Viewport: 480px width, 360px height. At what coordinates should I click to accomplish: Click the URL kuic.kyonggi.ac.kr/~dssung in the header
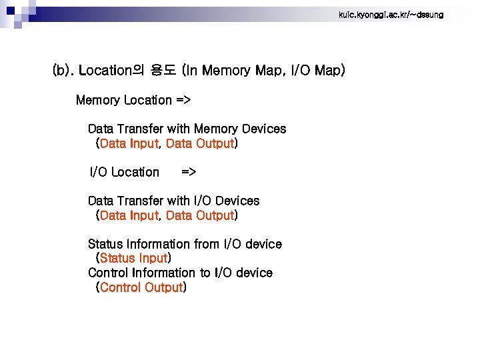[x=391, y=15]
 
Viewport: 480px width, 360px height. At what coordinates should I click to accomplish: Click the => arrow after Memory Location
[x=183, y=100]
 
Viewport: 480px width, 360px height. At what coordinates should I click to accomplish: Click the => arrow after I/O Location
[x=189, y=172]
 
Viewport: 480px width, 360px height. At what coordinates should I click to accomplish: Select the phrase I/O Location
[x=125, y=172]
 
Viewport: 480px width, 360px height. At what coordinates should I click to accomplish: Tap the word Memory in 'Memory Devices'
[x=217, y=129]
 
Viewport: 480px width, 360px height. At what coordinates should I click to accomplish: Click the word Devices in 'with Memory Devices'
[x=264, y=129]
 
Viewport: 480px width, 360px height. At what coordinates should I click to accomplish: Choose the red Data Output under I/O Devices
[x=199, y=215]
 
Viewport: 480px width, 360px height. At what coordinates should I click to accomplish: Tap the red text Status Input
[x=133, y=258]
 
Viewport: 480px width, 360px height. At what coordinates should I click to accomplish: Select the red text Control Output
[x=141, y=287]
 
